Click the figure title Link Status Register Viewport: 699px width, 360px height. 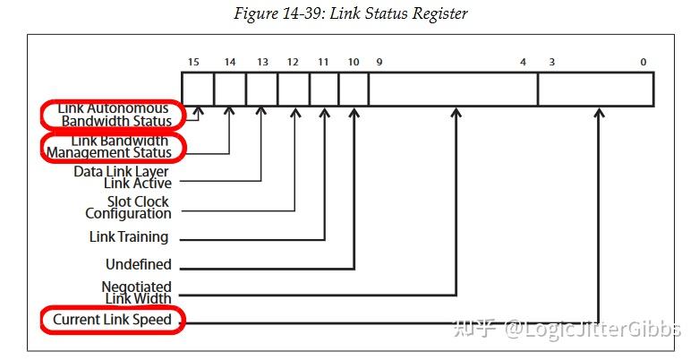click(349, 13)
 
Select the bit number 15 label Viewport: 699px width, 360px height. click(193, 62)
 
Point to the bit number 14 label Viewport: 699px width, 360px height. click(230, 62)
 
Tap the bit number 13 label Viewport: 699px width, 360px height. click(261, 62)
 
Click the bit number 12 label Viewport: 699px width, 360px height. click(293, 62)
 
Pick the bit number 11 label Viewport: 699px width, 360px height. click(324, 62)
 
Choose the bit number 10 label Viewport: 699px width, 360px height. click(354, 62)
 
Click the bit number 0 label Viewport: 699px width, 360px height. click(643, 62)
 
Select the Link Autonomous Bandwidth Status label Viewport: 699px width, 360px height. click(114, 115)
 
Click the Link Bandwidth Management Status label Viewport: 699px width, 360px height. click(114, 146)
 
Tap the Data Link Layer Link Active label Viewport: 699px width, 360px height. click(122, 177)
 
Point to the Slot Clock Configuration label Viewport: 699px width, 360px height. click(128, 208)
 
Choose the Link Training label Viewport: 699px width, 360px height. click(129, 237)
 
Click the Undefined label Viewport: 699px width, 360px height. click(138, 265)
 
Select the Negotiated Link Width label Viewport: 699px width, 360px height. click(136, 292)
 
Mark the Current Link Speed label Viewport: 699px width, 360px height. click(112, 320)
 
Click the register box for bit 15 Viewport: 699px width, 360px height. click(198, 90)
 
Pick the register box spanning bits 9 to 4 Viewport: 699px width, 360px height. click(453, 90)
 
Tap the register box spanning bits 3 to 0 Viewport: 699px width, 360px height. click(595, 90)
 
